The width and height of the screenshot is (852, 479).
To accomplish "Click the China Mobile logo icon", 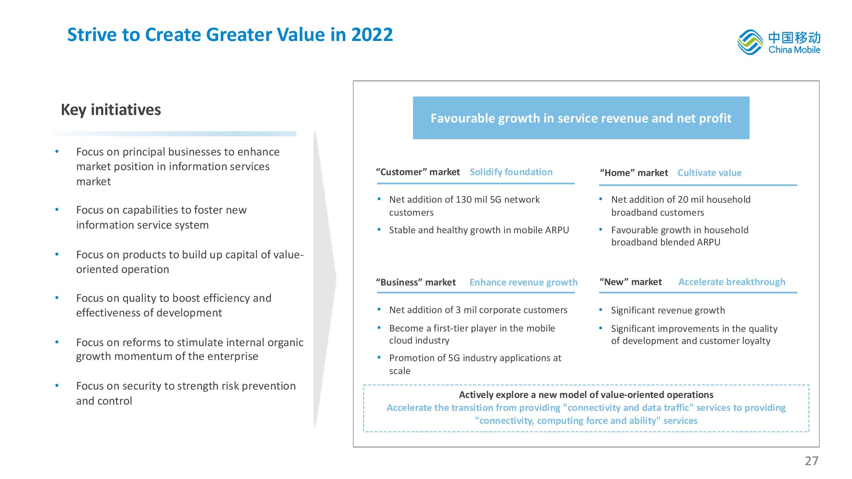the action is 750,43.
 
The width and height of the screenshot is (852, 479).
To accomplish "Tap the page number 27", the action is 811,461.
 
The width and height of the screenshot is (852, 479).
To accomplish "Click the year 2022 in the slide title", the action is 372,34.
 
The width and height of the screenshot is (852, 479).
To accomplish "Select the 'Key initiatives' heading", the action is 111,110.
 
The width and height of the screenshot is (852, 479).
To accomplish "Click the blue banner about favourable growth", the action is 581,118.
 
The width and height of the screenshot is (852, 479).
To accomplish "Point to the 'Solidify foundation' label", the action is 511,172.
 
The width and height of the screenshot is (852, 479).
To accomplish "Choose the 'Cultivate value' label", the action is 709,173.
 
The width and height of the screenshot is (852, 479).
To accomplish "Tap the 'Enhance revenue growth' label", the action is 523,282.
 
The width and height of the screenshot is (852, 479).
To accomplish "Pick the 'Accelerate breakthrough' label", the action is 732,282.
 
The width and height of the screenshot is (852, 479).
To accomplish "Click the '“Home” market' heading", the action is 634,173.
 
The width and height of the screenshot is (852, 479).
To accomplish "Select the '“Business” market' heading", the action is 416,282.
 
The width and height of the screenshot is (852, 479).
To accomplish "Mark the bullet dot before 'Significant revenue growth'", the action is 601,310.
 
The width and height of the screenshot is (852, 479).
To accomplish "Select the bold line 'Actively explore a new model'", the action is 586,395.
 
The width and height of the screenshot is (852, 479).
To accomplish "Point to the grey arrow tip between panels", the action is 336,279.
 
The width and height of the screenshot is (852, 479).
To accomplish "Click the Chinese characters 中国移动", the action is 794,38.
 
